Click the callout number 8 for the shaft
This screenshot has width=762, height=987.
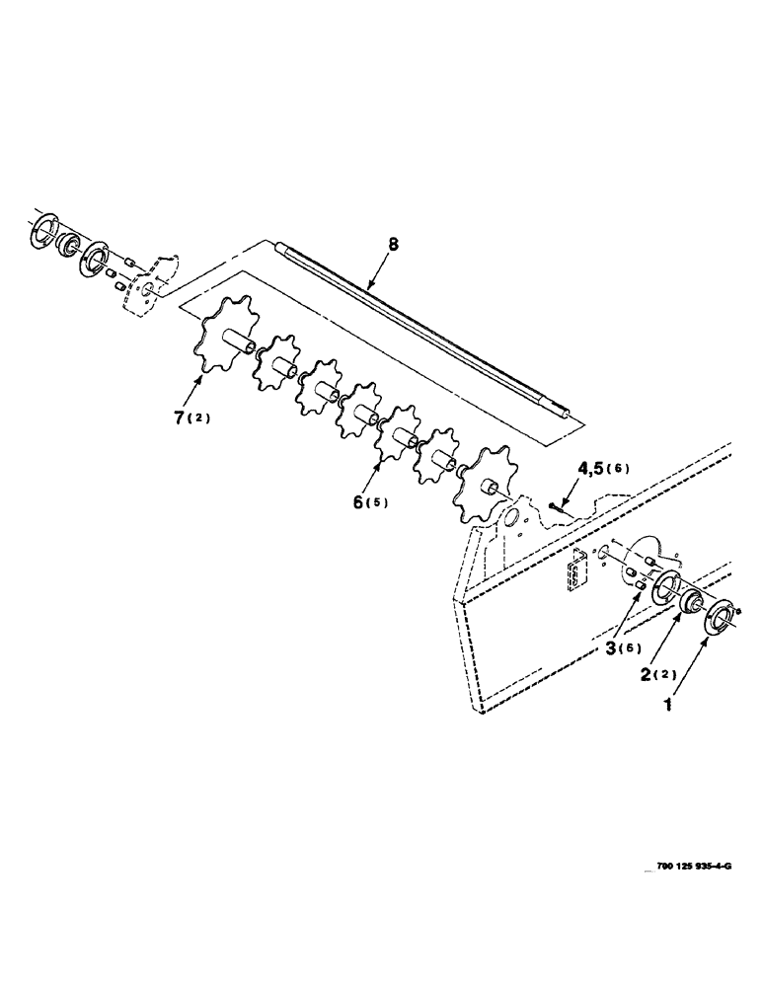[393, 244]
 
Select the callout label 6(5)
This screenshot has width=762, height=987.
[369, 501]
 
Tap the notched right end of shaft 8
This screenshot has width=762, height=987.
[565, 416]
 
